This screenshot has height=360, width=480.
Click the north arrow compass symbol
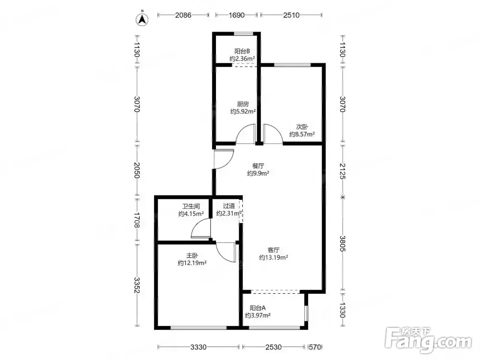pyautogui.click(x=142, y=19)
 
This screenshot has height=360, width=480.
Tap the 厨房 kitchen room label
pyautogui.click(x=243, y=104)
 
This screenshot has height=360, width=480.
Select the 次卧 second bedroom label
pyautogui.click(x=302, y=126)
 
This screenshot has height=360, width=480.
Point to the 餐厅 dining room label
pyautogui.click(x=258, y=166)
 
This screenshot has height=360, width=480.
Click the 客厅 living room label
pyautogui.click(x=274, y=250)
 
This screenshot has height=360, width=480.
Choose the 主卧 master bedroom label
pyautogui.click(x=192, y=255)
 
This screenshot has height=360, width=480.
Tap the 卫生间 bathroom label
pyautogui.click(x=191, y=206)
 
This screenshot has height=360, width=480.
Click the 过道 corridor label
pyautogui.click(x=229, y=206)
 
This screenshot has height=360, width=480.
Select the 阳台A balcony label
pyautogui.click(x=257, y=308)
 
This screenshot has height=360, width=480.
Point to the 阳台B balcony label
pyautogui.click(x=242, y=51)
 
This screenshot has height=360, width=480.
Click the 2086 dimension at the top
pyautogui.click(x=183, y=15)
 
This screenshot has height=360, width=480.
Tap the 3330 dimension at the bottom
pyautogui.click(x=198, y=347)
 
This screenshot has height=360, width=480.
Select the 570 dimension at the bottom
pyautogui.click(x=315, y=347)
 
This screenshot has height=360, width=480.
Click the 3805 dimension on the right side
pyautogui.click(x=343, y=243)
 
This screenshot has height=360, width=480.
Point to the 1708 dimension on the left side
pyautogui.click(x=137, y=220)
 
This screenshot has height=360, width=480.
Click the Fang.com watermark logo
pyautogui.click(x=428, y=339)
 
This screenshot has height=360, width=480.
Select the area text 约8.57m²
pyautogui.click(x=302, y=134)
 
